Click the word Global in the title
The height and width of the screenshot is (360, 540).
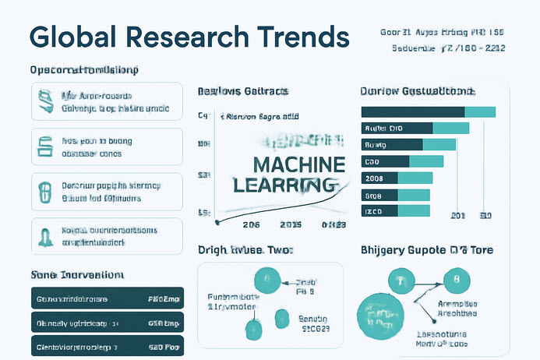click(72, 37)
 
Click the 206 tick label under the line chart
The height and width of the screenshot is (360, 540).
click(251, 225)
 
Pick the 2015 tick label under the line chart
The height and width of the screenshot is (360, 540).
click(290, 225)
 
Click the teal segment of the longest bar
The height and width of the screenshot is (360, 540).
click(480, 111)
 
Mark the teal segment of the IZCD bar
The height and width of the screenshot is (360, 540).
click(414, 211)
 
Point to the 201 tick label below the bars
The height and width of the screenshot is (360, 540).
click(459, 216)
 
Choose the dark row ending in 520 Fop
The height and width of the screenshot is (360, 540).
click(107, 345)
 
